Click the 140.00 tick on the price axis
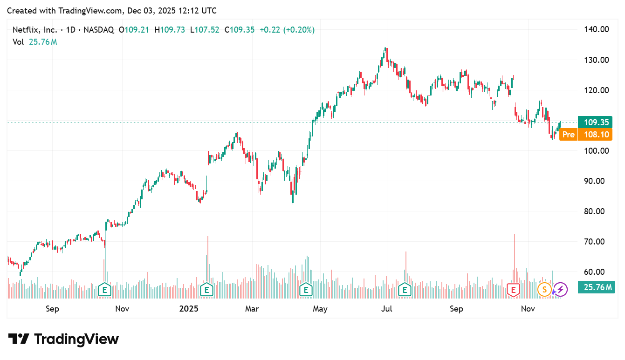pyautogui.click(x=596, y=29)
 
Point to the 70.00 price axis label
pyautogui.click(x=596, y=241)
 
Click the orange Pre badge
pyautogui.click(x=568, y=135)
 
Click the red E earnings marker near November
pyautogui.click(x=513, y=290)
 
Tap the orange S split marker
pyautogui.click(x=544, y=290)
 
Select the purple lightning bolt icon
pyautogui.click(x=560, y=290)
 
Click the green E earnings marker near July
pyautogui.click(x=405, y=290)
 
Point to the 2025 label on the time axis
pyautogui.click(x=189, y=309)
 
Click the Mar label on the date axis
pyautogui.click(x=252, y=309)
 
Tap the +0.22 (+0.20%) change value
pyautogui.click(x=287, y=30)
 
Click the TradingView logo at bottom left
pyautogui.click(x=63, y=339)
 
